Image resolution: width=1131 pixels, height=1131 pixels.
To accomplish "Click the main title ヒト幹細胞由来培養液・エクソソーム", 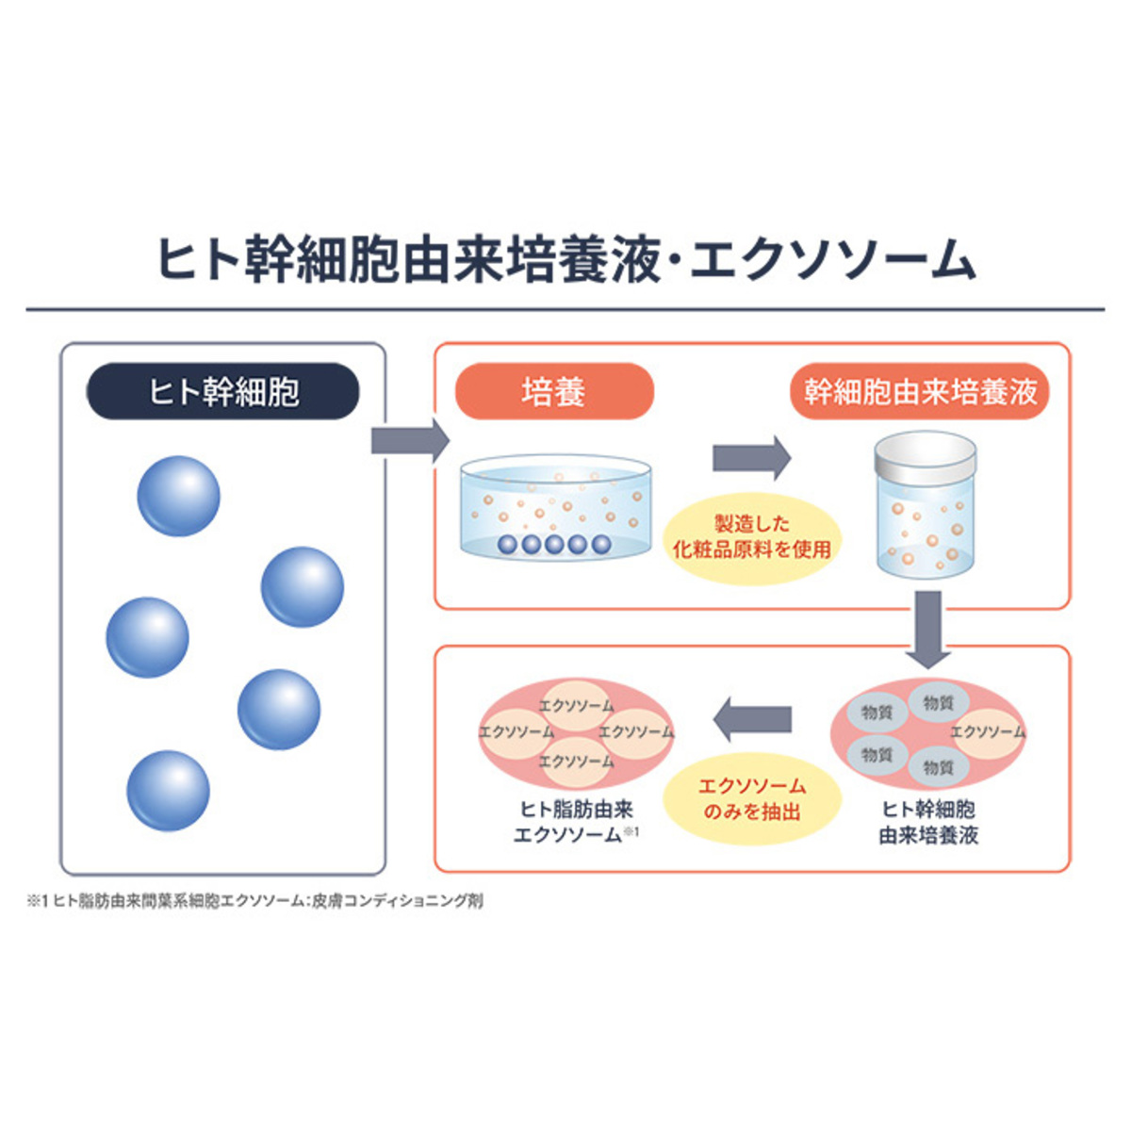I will pos(565,259).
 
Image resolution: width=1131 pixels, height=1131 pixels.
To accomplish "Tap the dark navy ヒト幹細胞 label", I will pos(223,391).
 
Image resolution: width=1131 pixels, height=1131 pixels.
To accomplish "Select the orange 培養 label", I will pos(554,391).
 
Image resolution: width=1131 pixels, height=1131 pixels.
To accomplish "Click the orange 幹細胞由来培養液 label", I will pos(920,391).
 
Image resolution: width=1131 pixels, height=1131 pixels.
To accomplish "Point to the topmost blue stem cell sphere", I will pos(178,496).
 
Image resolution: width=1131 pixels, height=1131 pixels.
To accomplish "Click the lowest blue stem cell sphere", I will pos(168,790).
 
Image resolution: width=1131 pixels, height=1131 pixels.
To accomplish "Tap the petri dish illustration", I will pos(555,509).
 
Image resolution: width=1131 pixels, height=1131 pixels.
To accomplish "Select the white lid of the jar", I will pos(925,456).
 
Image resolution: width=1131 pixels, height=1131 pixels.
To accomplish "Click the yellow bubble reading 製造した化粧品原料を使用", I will pos(751,536).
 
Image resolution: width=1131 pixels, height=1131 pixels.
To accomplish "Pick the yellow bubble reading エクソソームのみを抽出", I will pos(751,798).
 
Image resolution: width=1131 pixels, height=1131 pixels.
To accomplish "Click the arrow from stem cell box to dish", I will pos(409,440).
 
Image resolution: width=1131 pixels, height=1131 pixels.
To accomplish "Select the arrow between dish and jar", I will pos(750,458).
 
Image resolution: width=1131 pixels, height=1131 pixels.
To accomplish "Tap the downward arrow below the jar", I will pos(928,627).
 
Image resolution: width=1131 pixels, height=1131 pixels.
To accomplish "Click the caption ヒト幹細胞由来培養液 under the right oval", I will pos(928,822).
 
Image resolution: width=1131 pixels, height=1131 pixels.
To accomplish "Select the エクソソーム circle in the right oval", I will pos(987,732).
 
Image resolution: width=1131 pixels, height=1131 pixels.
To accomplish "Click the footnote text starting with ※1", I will pos(254,901).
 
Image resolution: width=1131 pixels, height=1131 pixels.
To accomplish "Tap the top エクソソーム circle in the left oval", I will pos(576,704).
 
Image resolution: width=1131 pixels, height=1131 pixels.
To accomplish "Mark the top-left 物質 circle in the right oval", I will pos(877,713).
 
